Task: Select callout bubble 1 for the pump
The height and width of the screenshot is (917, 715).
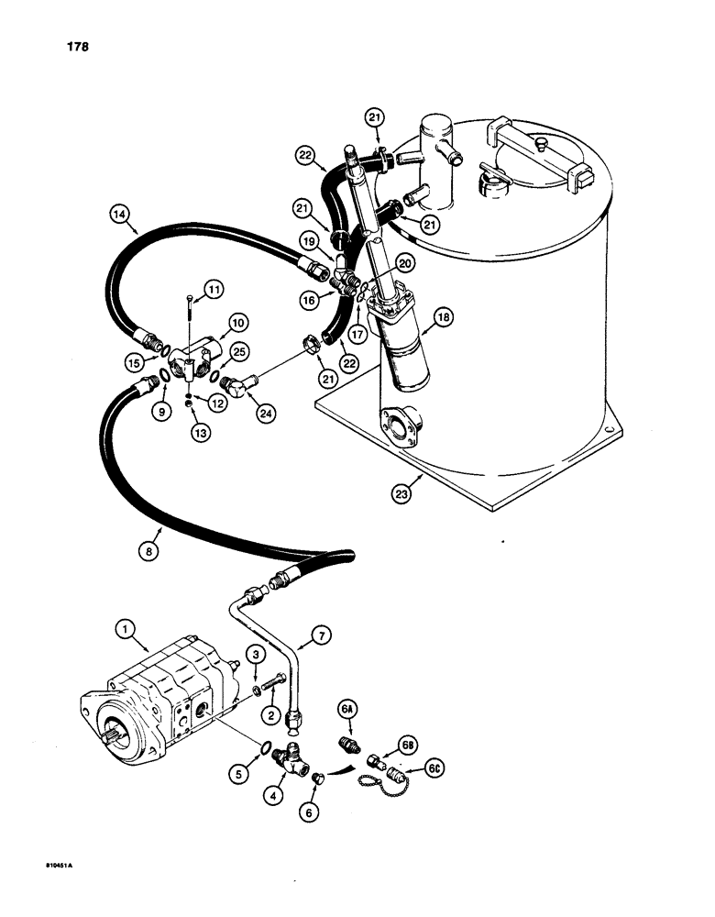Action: (126, 630)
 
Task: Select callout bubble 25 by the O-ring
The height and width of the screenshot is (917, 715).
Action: (239, 351)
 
